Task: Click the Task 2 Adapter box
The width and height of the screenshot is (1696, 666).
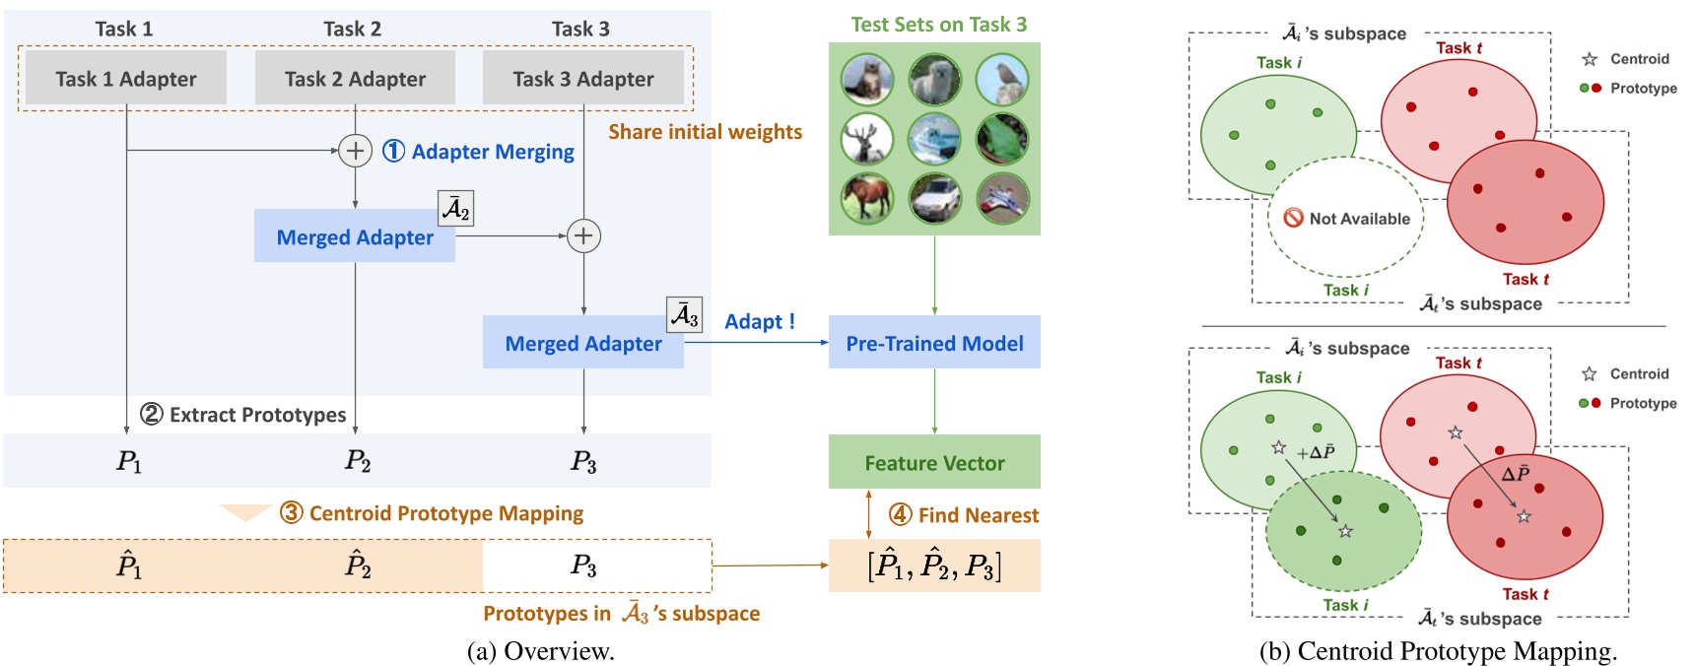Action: (x=355, y=79)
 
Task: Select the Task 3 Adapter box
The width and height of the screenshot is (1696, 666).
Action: (x=583, y=79)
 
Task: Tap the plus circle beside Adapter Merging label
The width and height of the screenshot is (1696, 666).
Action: (x=355, y=151)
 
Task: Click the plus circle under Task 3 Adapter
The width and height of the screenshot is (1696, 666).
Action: (x=583, y=236)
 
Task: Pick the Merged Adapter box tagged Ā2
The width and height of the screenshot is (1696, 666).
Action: (x=355, y=236)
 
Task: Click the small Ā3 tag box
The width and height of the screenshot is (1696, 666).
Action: (x=685, y=315)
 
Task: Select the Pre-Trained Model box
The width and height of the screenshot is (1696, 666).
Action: (x=934, y=343)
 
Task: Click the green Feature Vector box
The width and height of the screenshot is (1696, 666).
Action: (x=934, y=462)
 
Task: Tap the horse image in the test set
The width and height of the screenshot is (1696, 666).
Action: (x=866, y=197)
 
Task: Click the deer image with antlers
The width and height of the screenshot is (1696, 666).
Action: (x=866, y=139)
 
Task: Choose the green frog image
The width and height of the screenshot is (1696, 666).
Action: (x=1001, y=139)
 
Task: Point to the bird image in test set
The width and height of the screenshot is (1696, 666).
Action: (x=1001, y=80)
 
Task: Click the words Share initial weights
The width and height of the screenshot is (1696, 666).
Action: (x=705, y=132)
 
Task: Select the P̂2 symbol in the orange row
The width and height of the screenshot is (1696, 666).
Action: (x=358, y=566)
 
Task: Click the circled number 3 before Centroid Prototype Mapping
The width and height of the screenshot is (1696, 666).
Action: (x=291, y=513)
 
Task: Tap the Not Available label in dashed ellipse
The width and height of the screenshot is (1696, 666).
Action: (x=1347, y=219)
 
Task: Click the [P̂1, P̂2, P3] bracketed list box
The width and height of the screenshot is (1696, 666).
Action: (x=934, y=566)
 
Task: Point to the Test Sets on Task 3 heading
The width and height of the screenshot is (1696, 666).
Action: (x=938, y=25)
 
